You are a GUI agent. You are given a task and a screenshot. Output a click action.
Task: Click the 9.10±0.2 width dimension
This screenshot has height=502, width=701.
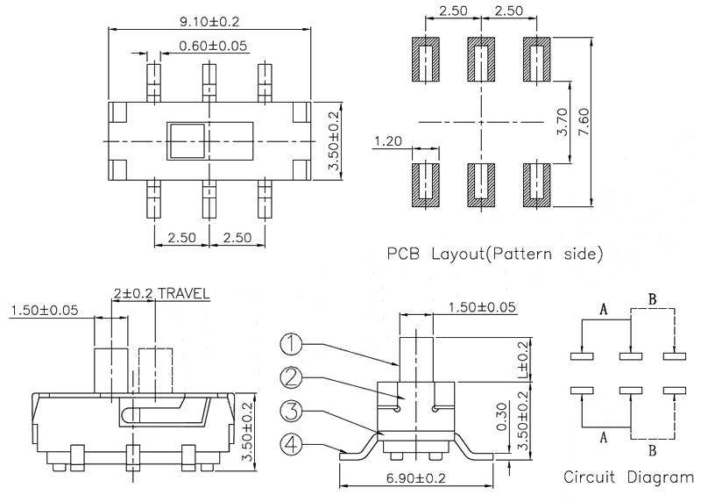coord(209,20)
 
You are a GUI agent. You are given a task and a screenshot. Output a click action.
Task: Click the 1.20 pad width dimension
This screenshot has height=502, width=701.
coord(386,140)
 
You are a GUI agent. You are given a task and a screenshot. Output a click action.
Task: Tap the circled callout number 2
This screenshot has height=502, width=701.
coord(294,378)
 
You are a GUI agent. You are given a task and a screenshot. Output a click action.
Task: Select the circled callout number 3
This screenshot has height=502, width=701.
coord(294,412)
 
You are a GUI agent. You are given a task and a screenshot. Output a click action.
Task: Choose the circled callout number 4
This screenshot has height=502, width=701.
coord(294,444)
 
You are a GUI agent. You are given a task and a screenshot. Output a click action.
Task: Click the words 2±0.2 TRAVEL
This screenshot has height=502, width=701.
coord(161,293)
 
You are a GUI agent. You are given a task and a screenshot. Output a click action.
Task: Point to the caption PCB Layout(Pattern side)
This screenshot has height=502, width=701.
coord(495,255)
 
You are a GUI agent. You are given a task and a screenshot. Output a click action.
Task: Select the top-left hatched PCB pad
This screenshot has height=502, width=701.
coord(426,61)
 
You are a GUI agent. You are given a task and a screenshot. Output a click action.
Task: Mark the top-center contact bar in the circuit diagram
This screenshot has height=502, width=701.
coord(632,356)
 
